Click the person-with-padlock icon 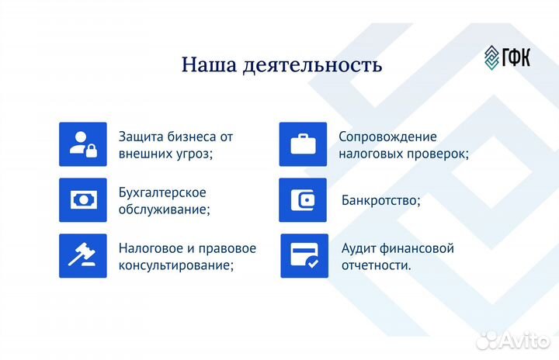pos(83,144)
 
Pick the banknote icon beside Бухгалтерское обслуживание pos(83,200)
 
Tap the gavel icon pos(83,256)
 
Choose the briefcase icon pos(303,144)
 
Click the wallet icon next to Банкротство pos(303,200)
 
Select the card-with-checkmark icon pos(304,256)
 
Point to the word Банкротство pos(380,200)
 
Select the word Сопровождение pos(387,137)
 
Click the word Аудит pos(359,248)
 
